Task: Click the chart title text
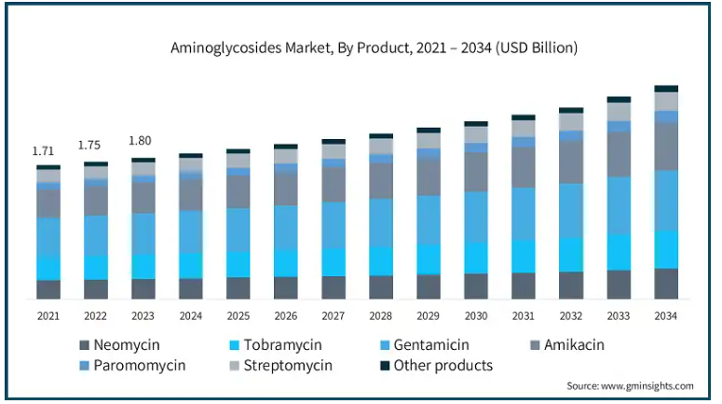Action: click(x=374, y=48)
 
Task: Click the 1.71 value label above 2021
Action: click(x=43, y=151)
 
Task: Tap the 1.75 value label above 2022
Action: click(x=89, y=146)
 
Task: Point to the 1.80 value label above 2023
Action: click(x=140, y=140)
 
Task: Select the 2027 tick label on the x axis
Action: click(x=333, y=316)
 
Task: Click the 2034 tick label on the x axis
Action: click(x=665, y=316)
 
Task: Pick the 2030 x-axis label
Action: click(x=476, y=316)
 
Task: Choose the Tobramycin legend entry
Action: click(x=276, y=345)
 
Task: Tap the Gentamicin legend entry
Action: click(x=425, y=345)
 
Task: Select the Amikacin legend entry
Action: click(x=567, y=345)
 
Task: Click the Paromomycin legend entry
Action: click(x=132, y=365)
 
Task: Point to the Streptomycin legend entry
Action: click(x=280, y=365)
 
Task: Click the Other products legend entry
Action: click(x=437, y=365)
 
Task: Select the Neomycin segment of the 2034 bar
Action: click(x=666, y=284)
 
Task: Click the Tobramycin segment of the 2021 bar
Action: click(x=48, y=268)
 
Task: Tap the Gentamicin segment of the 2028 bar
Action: click(x=381, y=223)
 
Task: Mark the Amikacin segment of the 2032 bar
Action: click(x=571, y=162)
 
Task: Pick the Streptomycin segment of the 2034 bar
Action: click(x=666, y=102)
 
